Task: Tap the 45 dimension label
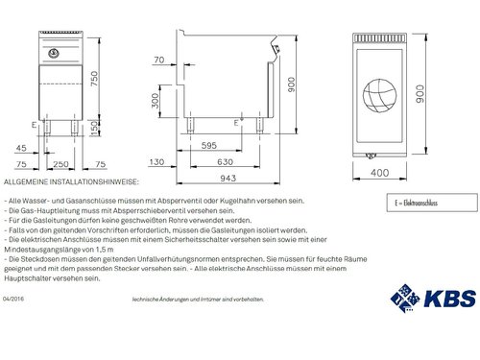pyautogui.click(x=21, y=147)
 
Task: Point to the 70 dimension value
pyautogui.click(x=158, y=61)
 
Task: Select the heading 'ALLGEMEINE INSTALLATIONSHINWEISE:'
pyautogui.click(x=73, y=180)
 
